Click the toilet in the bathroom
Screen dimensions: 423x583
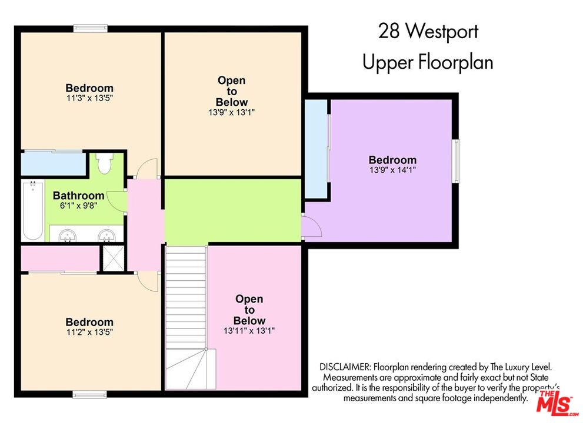click(105, 163)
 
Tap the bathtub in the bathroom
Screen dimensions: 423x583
click(33, 211)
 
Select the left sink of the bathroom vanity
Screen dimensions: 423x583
click(68, 235)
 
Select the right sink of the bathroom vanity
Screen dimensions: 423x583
click(106, 235)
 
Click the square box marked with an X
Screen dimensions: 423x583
click(112, 257)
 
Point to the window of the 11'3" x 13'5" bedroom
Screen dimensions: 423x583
click(91, 27)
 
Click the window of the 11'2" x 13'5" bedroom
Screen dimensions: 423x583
click(89, 394)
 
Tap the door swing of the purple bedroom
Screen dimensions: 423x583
click(311, 226)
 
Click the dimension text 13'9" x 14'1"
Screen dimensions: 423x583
click(392, 170)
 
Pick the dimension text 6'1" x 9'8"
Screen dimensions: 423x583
click(79, 206)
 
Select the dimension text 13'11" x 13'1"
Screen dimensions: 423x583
click(249, 331)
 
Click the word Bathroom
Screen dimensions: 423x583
click(79, 196)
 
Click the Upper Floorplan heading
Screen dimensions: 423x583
click(428, 62)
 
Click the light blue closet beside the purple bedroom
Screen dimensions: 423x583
click(315, 150)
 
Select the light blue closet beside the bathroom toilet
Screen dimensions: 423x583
click(53, 163)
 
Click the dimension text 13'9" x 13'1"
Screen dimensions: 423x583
click(231, 112)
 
